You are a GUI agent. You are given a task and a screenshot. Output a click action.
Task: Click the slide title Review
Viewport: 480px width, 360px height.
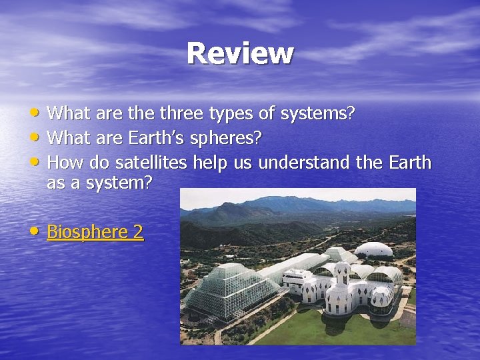point(240,53)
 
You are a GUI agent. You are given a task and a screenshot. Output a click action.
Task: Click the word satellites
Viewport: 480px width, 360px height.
point(152,163)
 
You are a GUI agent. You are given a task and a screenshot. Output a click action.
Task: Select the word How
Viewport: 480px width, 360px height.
point(63,163)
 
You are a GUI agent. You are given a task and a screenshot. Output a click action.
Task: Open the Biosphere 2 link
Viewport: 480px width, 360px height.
point(95,232)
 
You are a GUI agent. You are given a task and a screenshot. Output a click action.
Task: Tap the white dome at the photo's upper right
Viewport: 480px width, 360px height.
point(373,251)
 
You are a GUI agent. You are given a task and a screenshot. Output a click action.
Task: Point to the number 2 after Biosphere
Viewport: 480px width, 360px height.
point(138,232)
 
